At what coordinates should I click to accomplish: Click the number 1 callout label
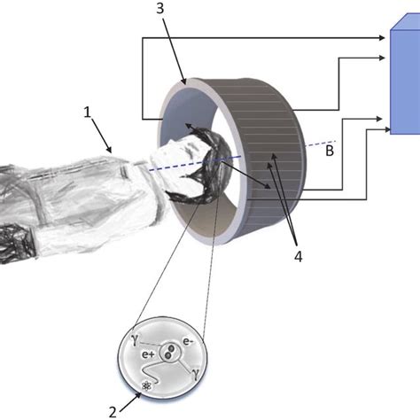pyautogui.click(x=87, y=113)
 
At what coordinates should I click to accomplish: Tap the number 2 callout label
pyautogui.click(x=113, y=412)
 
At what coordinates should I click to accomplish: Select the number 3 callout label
pyautogui.click(x=159, y=9)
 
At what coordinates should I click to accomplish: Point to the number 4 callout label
pyautogui.click(x=299, y=257)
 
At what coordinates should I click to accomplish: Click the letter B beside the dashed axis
pyautogui.click(x=330, y=151)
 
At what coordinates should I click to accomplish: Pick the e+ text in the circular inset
pyautogui.click(x=148, y=354)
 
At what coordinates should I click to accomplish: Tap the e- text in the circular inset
pyautogui.click(x=189, y=341)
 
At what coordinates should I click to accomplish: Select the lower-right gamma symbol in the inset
pyautogui.click(x=195, y=373)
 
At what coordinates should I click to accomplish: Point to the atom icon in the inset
pyautogui.click(x=146, y=385)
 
